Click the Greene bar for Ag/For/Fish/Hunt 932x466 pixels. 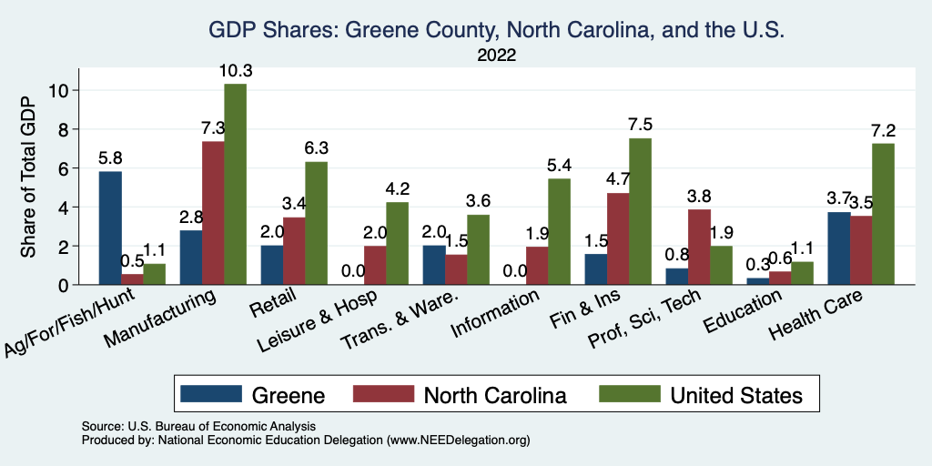tap(110, 228)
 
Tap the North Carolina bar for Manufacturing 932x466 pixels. tap(213, 213)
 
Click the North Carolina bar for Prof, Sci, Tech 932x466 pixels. tap(698, 247)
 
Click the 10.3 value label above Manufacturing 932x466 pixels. tap(235, 70)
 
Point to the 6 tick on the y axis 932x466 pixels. tap(65, 168)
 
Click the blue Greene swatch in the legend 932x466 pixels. tap(211, 394)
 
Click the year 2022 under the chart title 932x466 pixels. tap(497, 56)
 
